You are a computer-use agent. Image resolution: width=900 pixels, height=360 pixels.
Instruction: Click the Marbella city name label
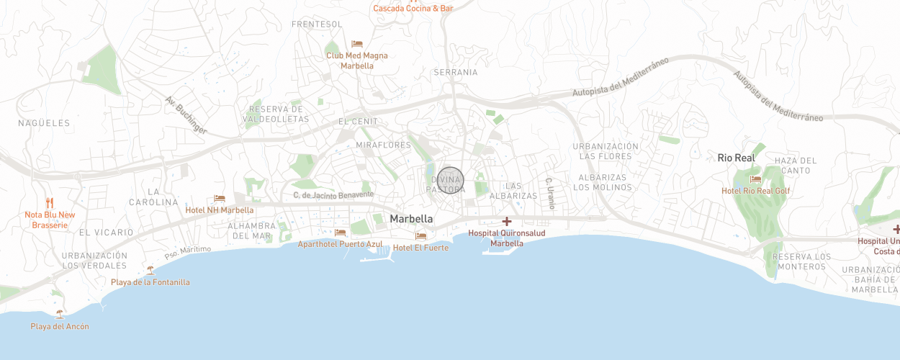tap(411, 219)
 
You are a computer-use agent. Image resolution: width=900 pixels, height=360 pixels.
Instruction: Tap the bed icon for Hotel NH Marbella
tap(220, 199)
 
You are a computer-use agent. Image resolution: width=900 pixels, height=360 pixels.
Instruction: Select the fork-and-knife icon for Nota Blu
tap(50, 203)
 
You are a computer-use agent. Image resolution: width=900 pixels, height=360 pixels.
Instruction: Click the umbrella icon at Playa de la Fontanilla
tap(150, 271)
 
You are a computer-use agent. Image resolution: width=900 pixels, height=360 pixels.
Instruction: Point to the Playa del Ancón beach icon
tap(59, 315)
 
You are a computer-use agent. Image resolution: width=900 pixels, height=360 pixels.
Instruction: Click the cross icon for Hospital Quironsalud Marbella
tap(507, 222)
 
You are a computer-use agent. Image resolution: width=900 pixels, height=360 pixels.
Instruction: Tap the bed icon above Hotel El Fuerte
tap(420, 236)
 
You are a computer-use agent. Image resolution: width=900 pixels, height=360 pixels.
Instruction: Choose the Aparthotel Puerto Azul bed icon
tap(340, 233)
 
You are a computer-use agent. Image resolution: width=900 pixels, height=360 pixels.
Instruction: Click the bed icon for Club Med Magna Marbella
tap(357, 44)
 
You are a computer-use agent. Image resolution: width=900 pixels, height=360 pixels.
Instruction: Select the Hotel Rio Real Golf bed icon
tap(755, 179)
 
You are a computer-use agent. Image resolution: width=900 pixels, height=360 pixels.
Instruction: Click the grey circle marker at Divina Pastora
tap(451, 180)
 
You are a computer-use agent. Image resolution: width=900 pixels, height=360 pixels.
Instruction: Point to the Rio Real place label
tap(736, 158)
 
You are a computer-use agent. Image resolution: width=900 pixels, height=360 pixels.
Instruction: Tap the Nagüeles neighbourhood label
tap(45, 123)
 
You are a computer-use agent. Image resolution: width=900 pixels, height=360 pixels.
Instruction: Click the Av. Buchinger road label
tap(186, 115)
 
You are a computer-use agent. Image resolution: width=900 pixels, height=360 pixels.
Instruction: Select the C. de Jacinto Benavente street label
tap(333, 194)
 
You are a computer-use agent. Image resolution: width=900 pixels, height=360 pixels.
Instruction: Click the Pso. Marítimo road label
tap(188, 253)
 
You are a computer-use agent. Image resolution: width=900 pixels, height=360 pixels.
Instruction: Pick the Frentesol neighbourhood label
tap(317, 24)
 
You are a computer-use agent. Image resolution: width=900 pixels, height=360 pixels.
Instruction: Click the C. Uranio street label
tap(550, 194)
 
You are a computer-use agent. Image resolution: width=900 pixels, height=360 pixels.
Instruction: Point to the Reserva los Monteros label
tap(801, 261)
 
